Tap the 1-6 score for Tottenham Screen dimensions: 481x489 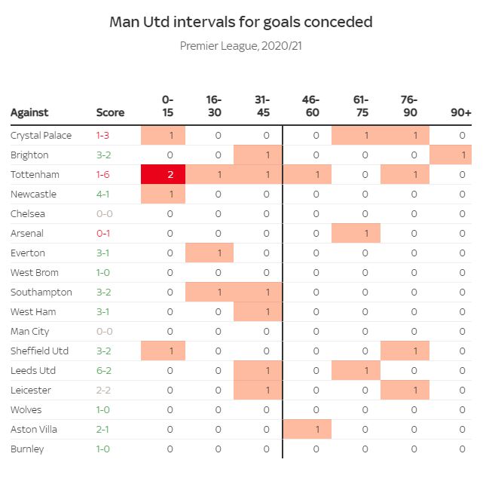103,174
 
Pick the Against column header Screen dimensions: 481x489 29,112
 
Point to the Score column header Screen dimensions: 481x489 110,112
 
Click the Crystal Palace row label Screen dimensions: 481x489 41,135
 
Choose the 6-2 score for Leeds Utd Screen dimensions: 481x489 103,370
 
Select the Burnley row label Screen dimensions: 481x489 27,449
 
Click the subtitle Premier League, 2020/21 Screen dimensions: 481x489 241,46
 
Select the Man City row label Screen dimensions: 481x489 30,331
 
